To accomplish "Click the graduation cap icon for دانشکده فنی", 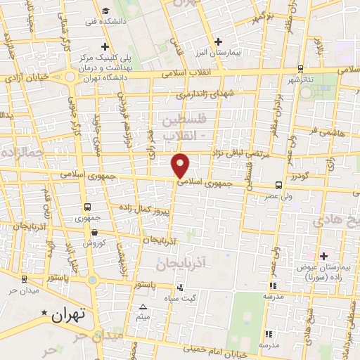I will (x=105, y=11).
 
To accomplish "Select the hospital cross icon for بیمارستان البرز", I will (x=219, y=41).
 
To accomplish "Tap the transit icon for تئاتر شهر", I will (x=301, y=69).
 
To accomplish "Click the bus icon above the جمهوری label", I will (x=88, y=207).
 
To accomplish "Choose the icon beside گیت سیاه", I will (x=181, y=287).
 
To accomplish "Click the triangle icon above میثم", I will (x=143, y=307).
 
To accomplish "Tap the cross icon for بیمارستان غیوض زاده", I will (x=323, y=257).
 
